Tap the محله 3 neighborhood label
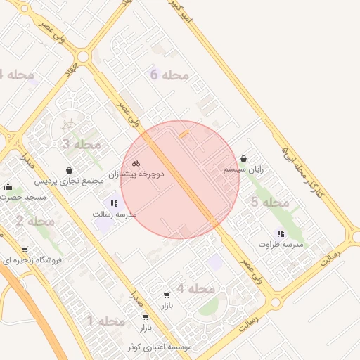82,144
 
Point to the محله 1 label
105,321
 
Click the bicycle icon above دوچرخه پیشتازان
136,162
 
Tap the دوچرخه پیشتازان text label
136,173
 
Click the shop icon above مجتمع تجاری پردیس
69,171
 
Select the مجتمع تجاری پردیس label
70,181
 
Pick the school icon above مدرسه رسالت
114,203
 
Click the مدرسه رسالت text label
114,213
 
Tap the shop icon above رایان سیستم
243,159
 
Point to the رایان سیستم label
243,169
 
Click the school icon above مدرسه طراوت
280,233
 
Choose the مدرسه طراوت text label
281,244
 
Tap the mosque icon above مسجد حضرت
8,186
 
